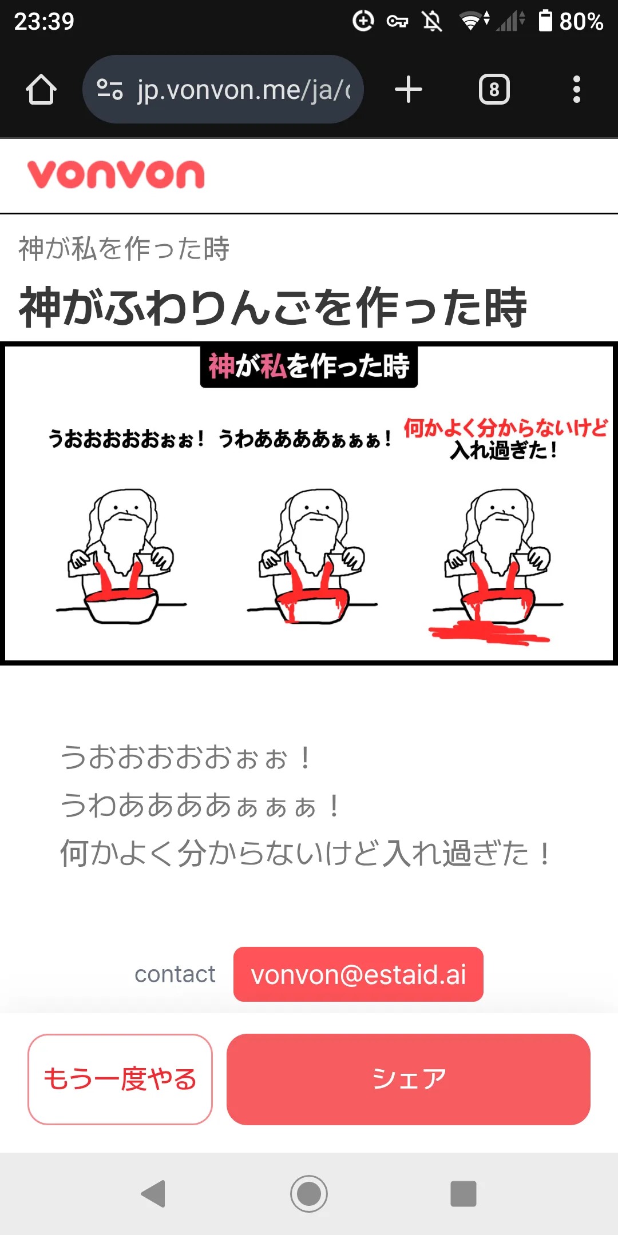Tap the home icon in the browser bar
(41, 90)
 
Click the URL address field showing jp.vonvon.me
(223, 89)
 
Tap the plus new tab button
(409, 90)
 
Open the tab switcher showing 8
(494, 90)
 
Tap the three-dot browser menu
(577, 90)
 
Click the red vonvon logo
(116, 174)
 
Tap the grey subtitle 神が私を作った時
(124, 249)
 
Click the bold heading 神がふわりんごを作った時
(273, 307)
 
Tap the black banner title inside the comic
(309, 366)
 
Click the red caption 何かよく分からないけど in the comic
(506, 428)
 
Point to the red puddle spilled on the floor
(489, 633)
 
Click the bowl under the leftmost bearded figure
(120, 607)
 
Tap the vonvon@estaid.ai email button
(358, 974)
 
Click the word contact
(175, 974)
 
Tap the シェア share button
(409, 1079)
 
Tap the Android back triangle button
(153, 1194)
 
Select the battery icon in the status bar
(545, 21)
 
